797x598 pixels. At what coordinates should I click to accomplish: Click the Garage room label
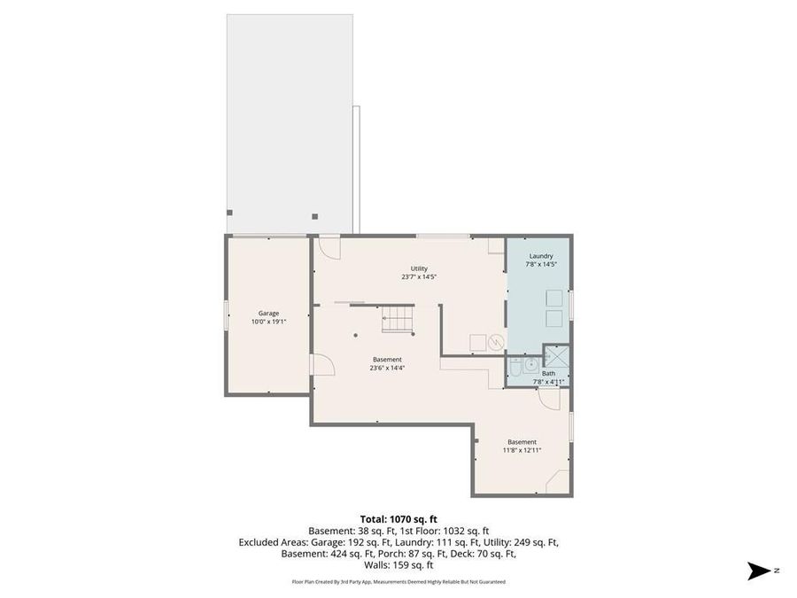click(268, 313)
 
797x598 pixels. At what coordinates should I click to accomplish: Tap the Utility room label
click(419, 268)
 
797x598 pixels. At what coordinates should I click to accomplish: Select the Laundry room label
click(540, 255)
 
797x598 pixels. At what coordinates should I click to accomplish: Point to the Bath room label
click(549, 373)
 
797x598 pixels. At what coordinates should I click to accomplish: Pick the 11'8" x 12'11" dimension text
click(522, 450)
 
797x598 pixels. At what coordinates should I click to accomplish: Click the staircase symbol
click(398, 320)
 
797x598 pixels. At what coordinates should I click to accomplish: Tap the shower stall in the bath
click(555, 356)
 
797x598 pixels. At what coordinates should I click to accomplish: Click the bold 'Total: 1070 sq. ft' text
click(398, 518)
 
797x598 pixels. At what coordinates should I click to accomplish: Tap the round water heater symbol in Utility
click(496, 342)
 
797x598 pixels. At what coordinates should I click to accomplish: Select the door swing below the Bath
click(549, 398)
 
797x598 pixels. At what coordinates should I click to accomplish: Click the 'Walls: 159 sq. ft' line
click(398, 564)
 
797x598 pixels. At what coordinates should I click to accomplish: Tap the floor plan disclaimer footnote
click(398, 582)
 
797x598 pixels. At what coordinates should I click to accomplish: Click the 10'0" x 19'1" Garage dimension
click(268, 322)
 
